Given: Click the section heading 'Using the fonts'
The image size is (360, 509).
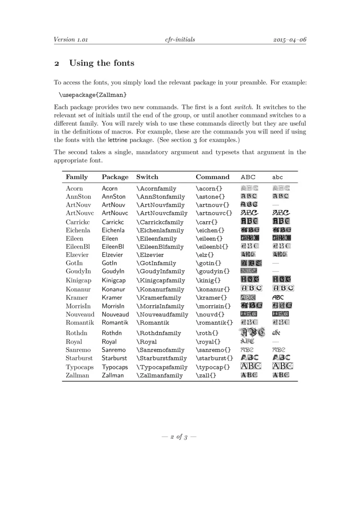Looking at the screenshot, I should coord(101,63).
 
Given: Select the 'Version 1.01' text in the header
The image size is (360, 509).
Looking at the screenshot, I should coord(70,40).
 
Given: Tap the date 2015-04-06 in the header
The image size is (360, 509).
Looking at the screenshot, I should coord(290,40).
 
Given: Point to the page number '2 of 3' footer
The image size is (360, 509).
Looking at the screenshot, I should coord(180,437).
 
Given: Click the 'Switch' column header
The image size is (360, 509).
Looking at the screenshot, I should coord(147,177).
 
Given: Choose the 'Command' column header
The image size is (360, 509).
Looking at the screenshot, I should coord(212,177).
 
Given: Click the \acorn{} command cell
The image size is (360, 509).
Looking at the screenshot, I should coord(209,189).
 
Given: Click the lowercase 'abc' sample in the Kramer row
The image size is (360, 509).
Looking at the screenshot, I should coord(278,298).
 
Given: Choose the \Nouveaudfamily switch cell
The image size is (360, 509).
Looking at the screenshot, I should coord(162,315).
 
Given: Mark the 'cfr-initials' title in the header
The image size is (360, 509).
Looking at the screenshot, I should coord(180,40).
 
